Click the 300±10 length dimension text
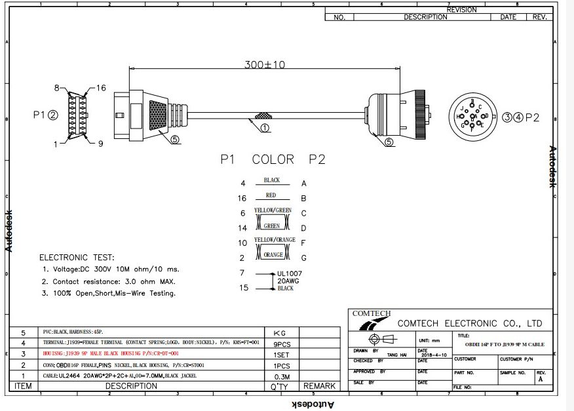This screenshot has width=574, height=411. [x=265, y=65]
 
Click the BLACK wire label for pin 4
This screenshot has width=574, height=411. [x=271, y=180]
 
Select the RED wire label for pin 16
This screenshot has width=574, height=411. [x=271, y=195]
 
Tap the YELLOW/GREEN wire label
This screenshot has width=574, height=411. [x=273, y=210]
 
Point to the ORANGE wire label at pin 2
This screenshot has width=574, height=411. [x=273, y=255]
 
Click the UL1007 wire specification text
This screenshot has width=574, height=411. [x=290, y=272]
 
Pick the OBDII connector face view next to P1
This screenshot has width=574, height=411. [x=78, y=115]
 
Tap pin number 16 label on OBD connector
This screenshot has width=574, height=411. [x=101, y=88]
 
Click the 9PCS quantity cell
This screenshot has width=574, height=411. [x=281, y=343]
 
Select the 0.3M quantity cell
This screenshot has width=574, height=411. [x=281, y=376]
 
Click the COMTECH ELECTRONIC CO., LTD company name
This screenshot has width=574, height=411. [x=470, y=323]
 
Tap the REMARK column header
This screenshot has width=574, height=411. [x=319, y=386]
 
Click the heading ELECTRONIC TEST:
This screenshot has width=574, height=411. [x=77, y=258]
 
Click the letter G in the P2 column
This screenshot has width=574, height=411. [x=303, y=258]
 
